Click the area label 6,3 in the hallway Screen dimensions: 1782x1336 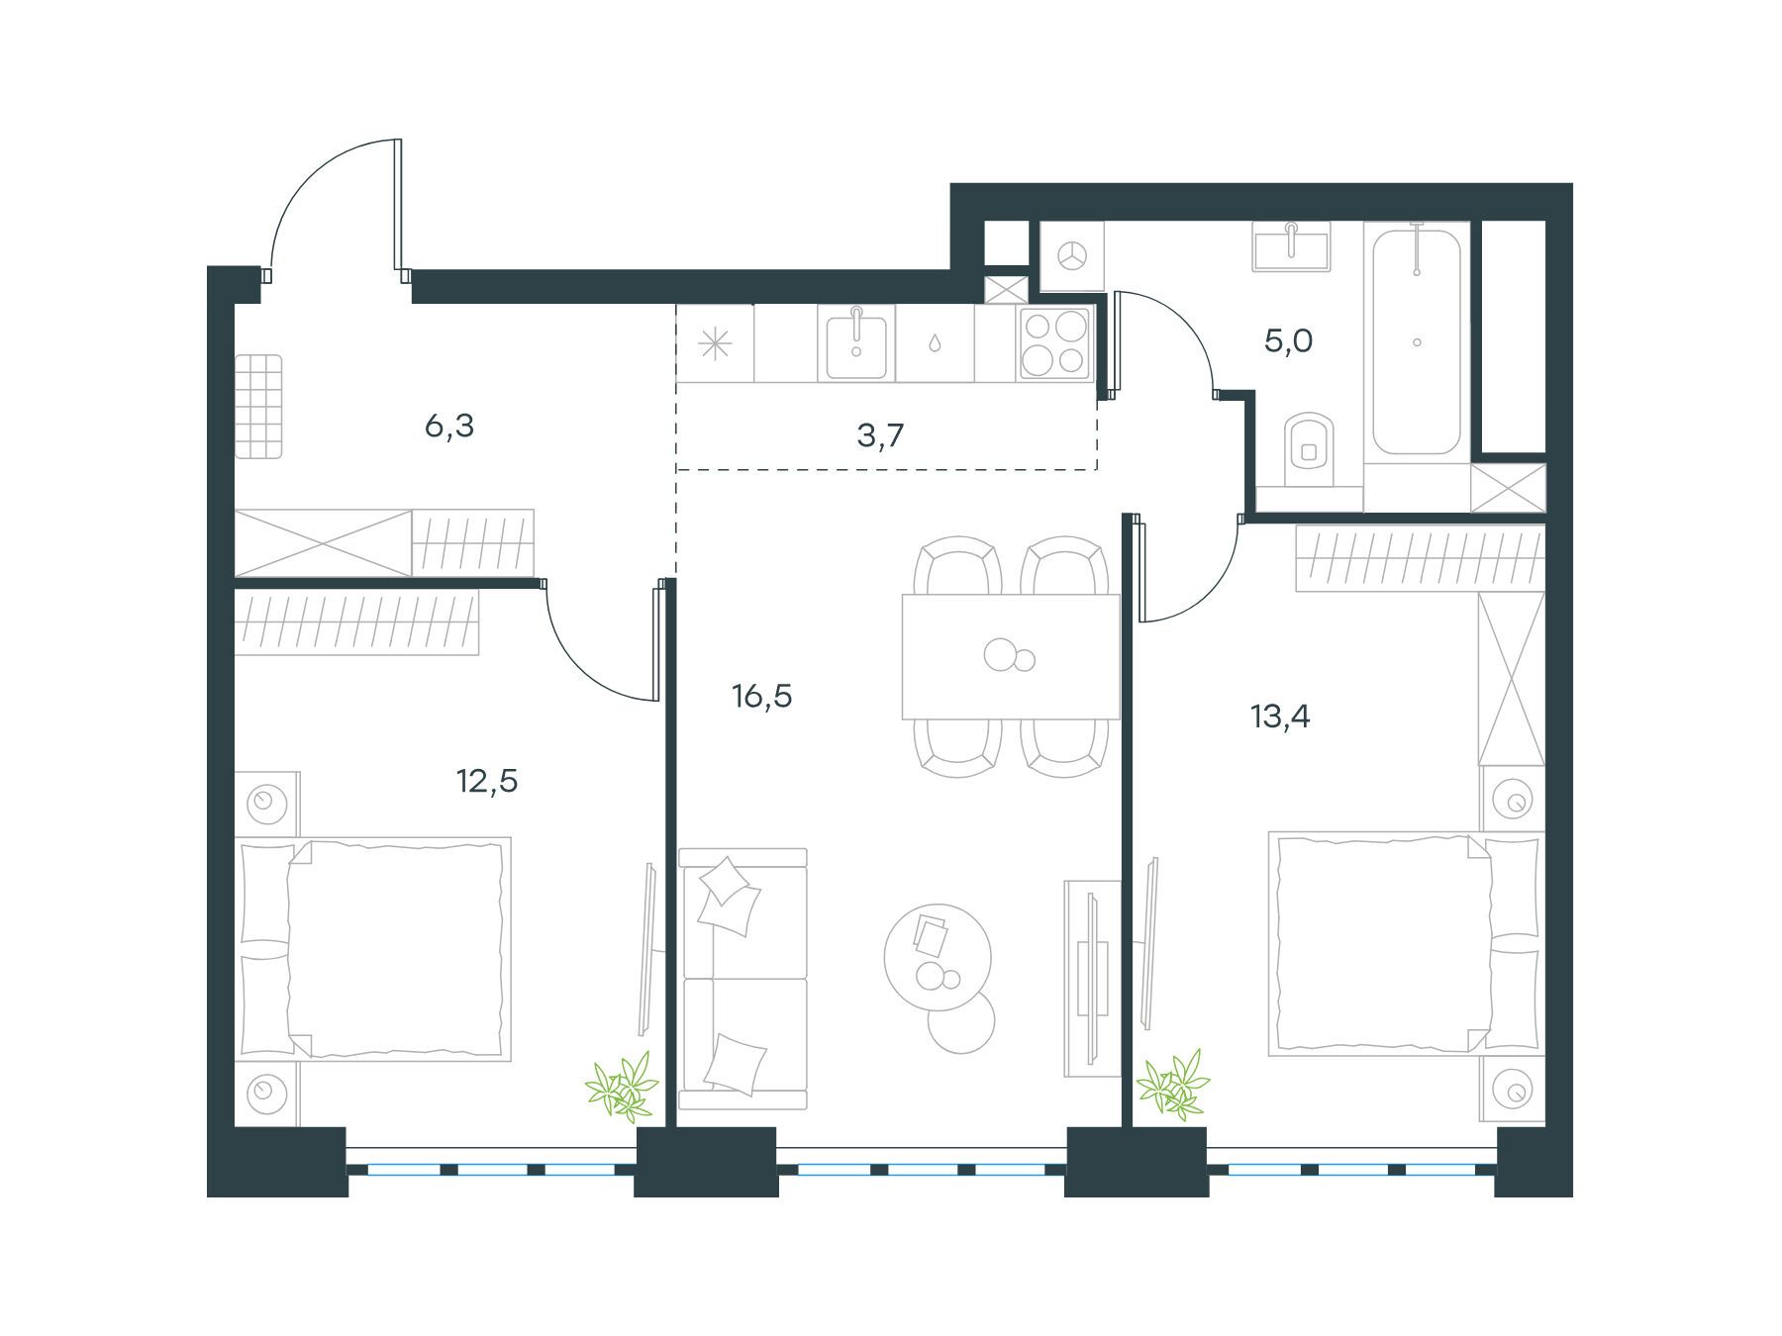coord(449,428)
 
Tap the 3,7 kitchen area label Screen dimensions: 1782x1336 coord(880,434)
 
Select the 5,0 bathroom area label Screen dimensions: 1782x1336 coord(1289,341)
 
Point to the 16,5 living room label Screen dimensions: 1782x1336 coord(762,697)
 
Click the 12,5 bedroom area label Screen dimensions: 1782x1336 coord(487,782)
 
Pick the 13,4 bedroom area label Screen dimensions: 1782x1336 coord(1281,716)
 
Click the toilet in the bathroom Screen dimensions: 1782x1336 coord(1309,451)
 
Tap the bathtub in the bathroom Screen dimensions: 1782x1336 coord(1417,338)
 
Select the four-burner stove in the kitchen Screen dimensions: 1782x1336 coord(1055,343)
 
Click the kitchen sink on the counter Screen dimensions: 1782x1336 coord(856,342)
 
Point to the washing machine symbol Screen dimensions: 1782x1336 coord(1070,256)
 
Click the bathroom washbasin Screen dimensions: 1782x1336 coord(1291,245)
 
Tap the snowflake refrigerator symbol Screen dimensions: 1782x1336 coord(714,343)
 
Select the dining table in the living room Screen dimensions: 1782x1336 coord(1011,656)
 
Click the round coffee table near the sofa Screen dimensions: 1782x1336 coord(938,956)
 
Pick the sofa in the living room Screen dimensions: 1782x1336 coord(743,979)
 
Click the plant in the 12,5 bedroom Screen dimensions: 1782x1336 coord(622,1088)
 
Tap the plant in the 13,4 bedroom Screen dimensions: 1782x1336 coord(1174,1086)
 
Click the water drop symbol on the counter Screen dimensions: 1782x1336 coord(934,343)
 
